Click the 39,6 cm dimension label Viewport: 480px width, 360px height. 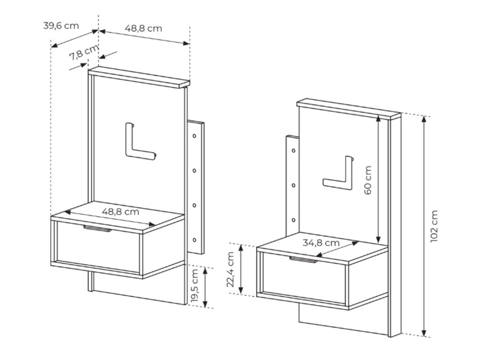click(61, 26)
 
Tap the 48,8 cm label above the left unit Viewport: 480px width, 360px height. click(143, 28)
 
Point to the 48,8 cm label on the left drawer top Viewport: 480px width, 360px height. click(120, 211)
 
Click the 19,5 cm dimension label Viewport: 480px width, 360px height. click(195, 287)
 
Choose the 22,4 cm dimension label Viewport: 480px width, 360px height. click(232, 269)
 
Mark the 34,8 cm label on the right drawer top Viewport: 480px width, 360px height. click(321, 242)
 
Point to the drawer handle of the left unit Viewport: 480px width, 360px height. click(97, 227)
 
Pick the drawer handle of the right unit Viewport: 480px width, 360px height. click(303, 259)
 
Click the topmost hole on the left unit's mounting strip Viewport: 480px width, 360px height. click(195, 136)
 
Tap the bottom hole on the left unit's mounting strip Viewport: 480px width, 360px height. click(195, 241)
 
